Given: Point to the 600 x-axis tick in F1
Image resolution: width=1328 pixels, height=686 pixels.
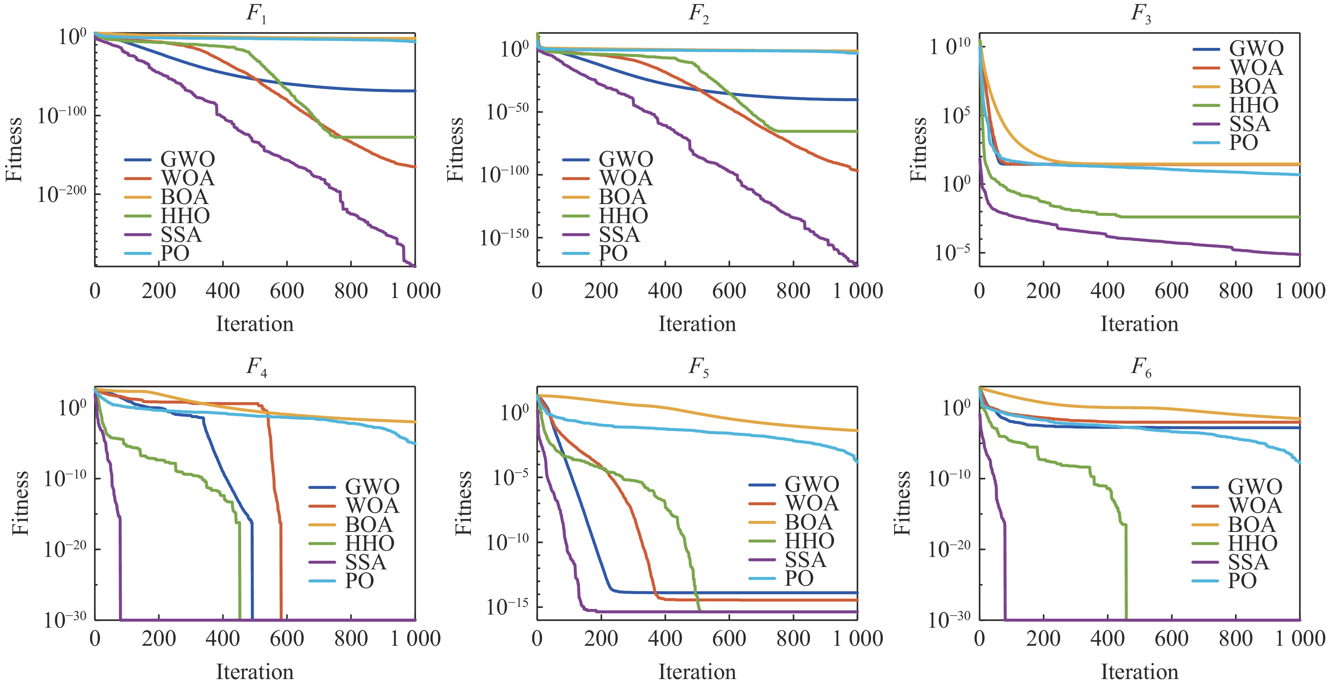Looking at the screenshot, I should (287, 291).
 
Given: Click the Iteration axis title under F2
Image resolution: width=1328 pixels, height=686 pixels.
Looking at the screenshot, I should (697, 324).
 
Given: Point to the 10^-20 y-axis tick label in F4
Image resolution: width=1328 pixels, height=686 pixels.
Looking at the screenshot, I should (65, 549).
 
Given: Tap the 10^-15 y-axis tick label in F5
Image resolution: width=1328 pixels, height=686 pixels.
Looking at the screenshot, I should (507, 607).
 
